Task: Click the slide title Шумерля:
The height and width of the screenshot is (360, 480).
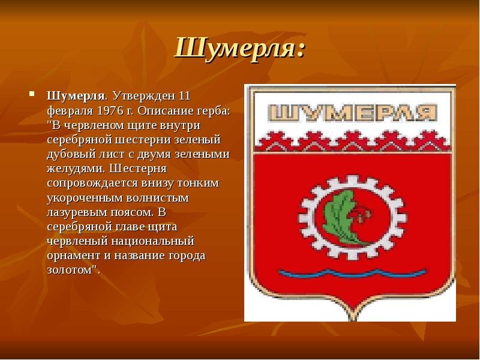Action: coord(241,49)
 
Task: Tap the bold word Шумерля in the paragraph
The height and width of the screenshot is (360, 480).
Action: coord(76,96)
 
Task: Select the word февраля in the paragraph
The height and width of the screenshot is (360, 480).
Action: coord(70,112)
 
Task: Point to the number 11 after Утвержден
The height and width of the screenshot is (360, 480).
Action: coord(184,96)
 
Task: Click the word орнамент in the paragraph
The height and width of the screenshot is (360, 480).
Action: coord(74,256)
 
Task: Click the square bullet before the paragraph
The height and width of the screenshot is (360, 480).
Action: coord(32,94)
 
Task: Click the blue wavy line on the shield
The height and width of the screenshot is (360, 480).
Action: coord(352,272)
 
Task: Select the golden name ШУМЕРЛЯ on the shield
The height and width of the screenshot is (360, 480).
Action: coord(353,112)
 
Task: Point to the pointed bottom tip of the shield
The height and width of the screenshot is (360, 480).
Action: coord(352,320)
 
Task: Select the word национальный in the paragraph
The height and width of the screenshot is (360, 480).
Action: coord(153,241)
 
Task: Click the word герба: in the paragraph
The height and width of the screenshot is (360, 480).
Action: coord(214,112)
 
